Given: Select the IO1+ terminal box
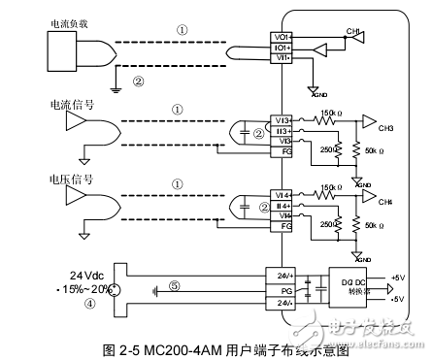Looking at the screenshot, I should (x=283, y=46).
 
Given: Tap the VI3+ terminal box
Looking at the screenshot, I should (x=282, y=120).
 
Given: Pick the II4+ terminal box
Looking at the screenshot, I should (x=282, y=205).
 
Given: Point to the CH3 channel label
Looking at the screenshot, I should (x=385, y=127).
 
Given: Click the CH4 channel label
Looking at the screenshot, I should (x=385, y=201).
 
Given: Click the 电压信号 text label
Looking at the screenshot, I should (x=57, y=179).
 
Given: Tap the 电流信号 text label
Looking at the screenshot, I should (x=57, y=104).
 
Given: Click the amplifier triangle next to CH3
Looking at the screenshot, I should (x=367, y=121).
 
